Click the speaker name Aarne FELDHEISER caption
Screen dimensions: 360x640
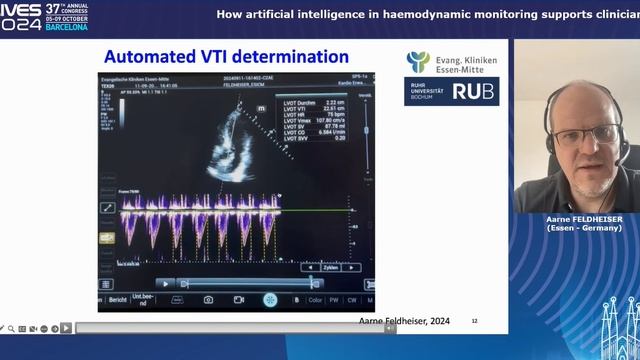pos(576,218)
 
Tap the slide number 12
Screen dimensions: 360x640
pos(475,321)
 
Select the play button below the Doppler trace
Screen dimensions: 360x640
pos(165,283)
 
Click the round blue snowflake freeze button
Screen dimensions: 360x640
pos(270,299)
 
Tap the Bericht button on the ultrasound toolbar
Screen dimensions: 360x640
pos(118,299)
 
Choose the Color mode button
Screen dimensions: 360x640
pos(315,299)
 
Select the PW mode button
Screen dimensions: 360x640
pos(335,299)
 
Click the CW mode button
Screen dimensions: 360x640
pos(353,299)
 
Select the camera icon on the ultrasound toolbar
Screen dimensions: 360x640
pos(208,299)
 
